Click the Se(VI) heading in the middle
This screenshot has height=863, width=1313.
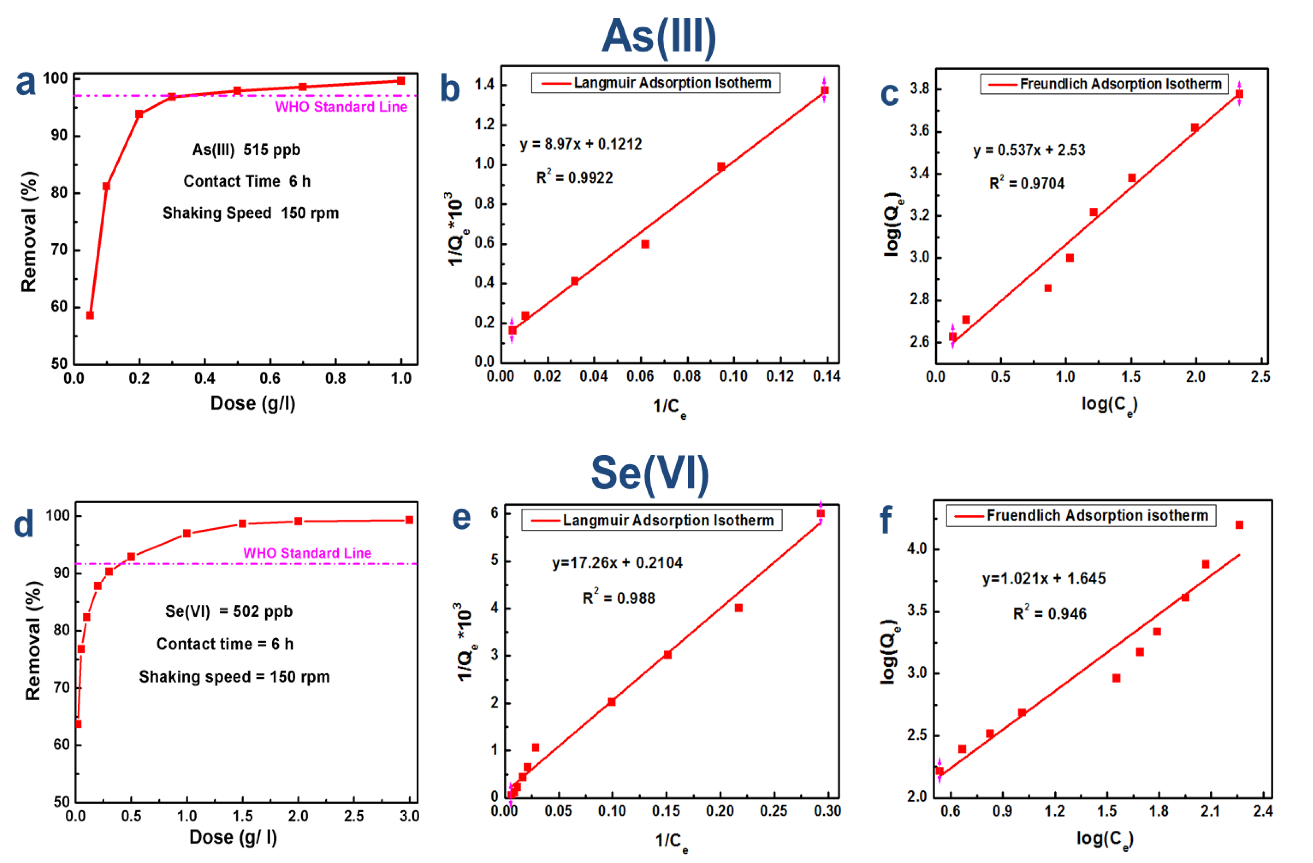tap(650, 473)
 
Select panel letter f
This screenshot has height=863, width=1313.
tap(886, 519)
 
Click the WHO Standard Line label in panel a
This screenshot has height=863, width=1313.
tap(341, 107)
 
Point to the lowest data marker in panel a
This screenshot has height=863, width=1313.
tap(90, 315)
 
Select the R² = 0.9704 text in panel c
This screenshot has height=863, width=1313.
tap(1026, 184)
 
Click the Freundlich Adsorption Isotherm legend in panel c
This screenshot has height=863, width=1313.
tap(1104, 84)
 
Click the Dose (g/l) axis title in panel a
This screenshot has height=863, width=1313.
tap(253, 403)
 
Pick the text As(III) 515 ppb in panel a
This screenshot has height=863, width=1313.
tap(246, 150)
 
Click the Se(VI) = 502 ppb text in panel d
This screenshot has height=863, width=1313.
tap(228, 611)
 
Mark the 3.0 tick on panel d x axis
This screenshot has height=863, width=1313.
tap(409, 816)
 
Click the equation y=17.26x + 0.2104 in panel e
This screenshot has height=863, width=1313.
tap(617, 563)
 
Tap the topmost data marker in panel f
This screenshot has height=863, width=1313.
tap(1239, 525)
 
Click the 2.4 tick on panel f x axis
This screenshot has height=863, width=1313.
tap(1262, 811)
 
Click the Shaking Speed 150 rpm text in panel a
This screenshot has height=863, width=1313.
tap(250, 214)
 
